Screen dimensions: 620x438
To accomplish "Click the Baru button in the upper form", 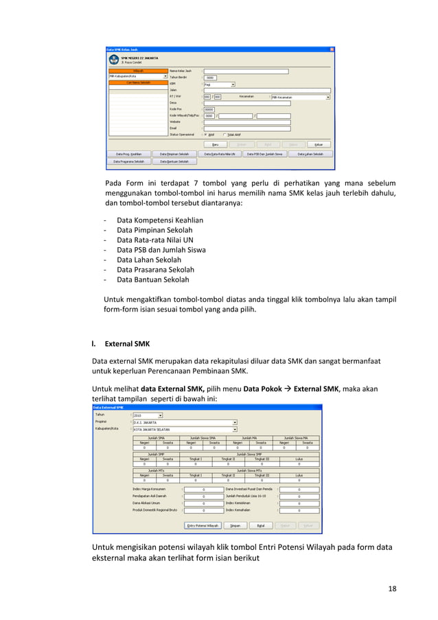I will click(x=215, y=144).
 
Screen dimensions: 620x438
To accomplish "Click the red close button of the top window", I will click(x=332, y=49).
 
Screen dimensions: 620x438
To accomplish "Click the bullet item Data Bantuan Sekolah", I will click(x=152, y=279).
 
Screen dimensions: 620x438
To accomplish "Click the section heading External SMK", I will click(x=128, y=343).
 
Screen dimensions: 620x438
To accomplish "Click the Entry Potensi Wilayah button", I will click(x=203, y=525).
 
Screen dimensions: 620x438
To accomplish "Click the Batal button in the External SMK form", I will click(x=261, y=525).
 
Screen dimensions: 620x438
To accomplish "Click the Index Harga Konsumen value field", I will click(x=203, y=489).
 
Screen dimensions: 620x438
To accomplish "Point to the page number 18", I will click(x=391, y=588).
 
